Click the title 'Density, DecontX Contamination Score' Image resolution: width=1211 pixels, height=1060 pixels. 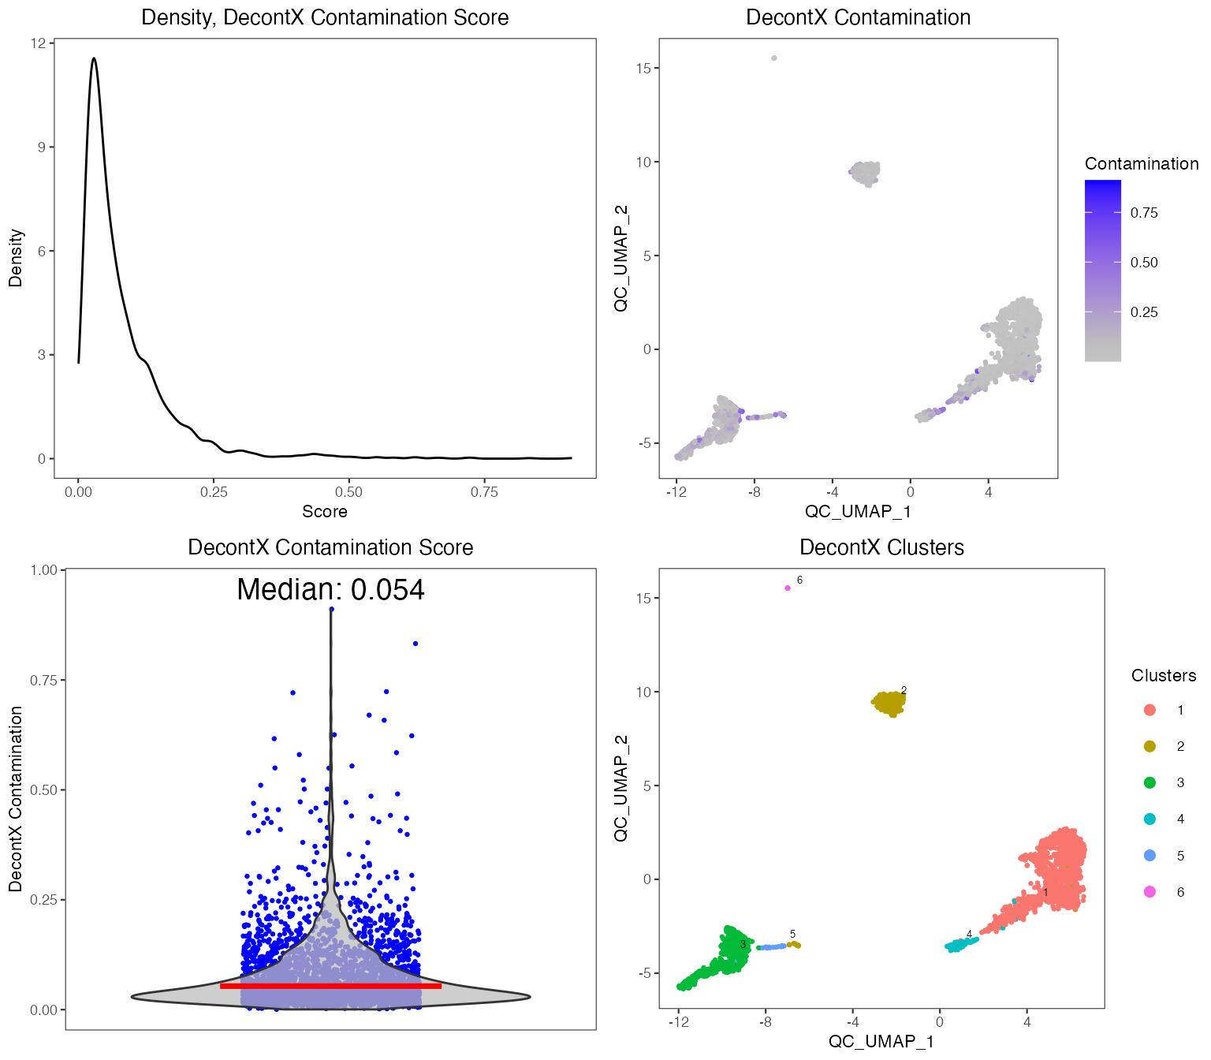click(x=325, y=17)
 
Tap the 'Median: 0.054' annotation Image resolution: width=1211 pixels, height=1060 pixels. click(x=330, y=590)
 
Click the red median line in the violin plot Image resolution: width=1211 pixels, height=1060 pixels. click(x=330, y=986)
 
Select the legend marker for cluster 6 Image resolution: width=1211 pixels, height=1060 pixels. click(x=1150, y=892)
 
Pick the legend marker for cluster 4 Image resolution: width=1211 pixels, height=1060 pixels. click(x=1150, y=819)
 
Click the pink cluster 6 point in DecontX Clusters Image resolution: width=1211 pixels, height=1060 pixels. click(x=788, y=588)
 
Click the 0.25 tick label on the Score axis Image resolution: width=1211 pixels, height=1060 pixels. click(x=214, y=492)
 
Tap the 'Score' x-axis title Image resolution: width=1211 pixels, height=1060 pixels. click(x=325, y=512)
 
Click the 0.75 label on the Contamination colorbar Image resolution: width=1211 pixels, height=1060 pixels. click(x=1144, y=213)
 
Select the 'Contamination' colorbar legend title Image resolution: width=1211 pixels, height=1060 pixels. click(x=1141, y=164)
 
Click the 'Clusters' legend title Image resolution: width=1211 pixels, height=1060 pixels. click(x=1163, y=676)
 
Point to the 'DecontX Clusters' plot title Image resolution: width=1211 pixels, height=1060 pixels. click(x=881, y=547)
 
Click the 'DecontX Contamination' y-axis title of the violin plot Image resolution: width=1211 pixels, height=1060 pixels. click(x=16, y=799)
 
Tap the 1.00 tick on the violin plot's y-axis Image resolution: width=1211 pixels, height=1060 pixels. click(x=44, y=570)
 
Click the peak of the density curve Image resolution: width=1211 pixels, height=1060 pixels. click(x=94, y=58)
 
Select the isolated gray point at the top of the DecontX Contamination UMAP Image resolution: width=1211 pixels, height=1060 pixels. click(x=774, y=58)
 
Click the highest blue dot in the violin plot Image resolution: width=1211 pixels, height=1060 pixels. click(x=331, y=609)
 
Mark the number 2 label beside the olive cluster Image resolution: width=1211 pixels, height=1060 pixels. click(x=904, y=690)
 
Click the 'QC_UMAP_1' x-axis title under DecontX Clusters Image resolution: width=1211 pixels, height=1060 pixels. click(x=881, y=1042)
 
